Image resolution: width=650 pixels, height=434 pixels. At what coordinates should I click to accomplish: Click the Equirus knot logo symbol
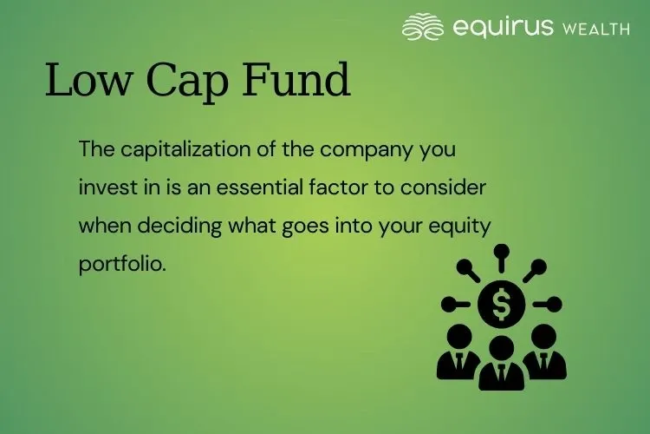pyautogui.click(x=423, y=26)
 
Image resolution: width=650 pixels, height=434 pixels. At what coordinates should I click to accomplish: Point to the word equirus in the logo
pyautogui.click(x=503, y=27)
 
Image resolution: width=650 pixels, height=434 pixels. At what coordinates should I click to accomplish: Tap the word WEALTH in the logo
pyautogui.click(x=595, y=29)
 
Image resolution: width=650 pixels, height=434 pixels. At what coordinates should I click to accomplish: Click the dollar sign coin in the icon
pyautogui.click(x=501, y=304)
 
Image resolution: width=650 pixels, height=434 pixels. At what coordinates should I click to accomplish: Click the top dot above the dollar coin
pyautogui.click(x=501, y=252)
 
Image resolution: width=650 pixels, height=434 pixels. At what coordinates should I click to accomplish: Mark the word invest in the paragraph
pyautogui.click(x=105, y=187)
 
